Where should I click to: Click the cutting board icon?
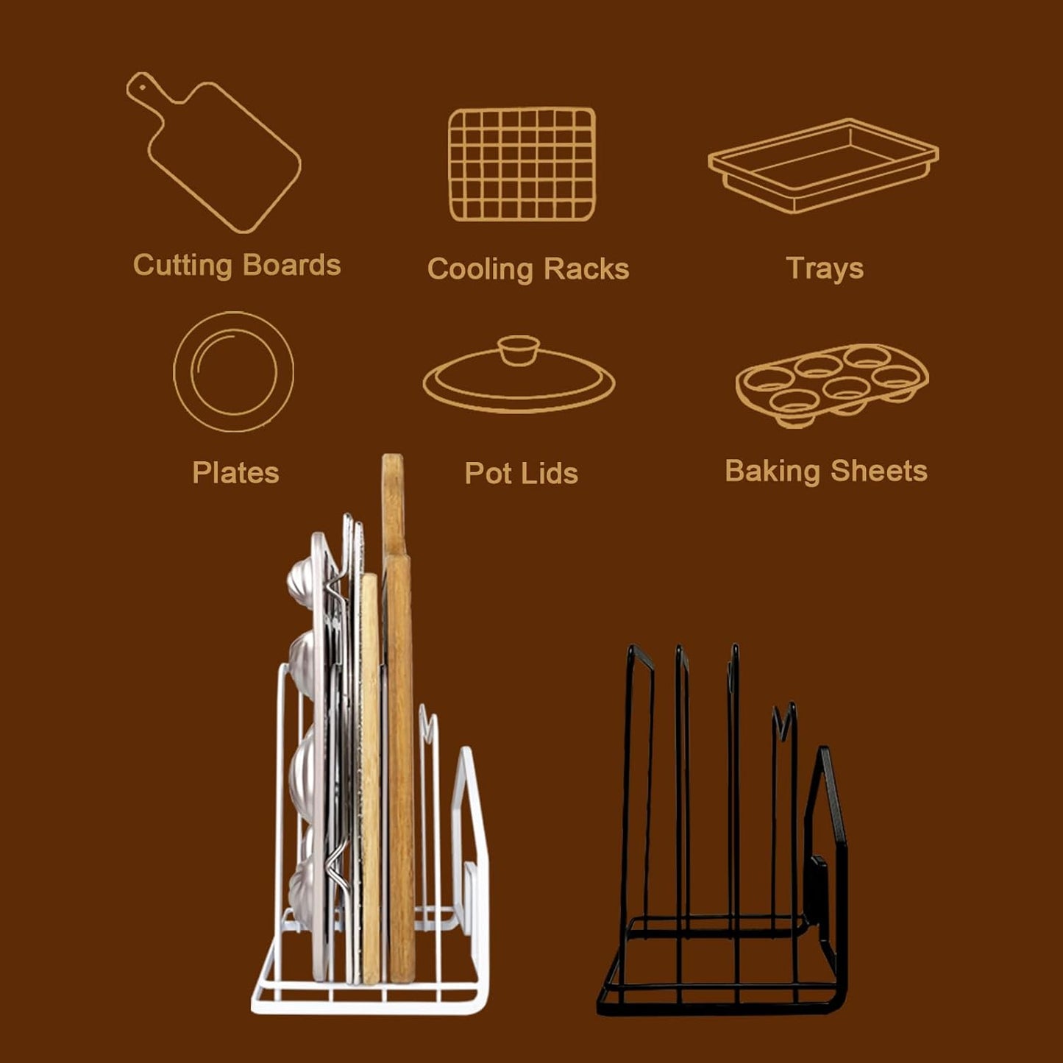tap(221, 154)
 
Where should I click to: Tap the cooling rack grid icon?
tap(522, 164)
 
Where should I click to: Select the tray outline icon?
tap(822, 166)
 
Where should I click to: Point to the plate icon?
tap(233, 371)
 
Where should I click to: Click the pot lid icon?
tap(519, 377)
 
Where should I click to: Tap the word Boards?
tap(291, 265)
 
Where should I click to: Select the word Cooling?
tap(480, 269)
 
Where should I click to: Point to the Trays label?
tap(825, 269)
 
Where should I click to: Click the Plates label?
tap(235, 472)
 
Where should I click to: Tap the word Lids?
tap(551, 473)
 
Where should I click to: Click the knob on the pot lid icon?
tap(519, 349)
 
